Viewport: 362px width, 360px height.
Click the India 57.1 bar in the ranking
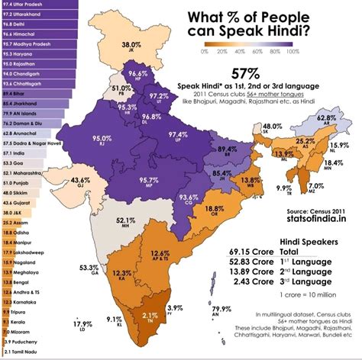[21, 153]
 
